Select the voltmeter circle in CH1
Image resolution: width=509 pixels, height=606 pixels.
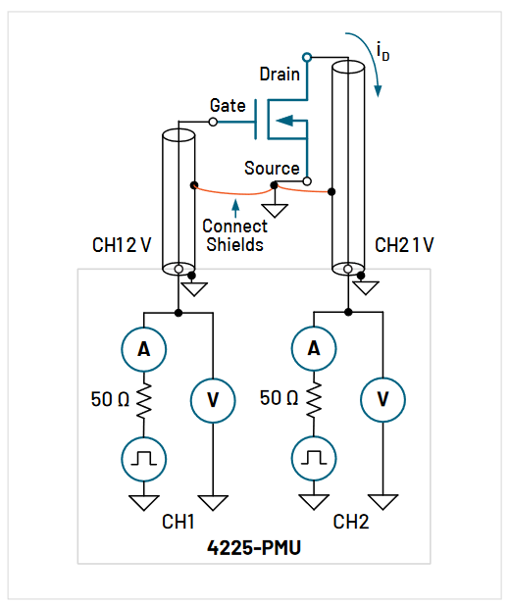[x=213, y=398]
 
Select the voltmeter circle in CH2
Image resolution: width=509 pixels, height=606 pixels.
[x=382, y=398]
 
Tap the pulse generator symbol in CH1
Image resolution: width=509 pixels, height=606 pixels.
[x=144, y=457]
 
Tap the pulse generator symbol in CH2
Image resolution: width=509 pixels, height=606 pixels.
[x=314, y=457]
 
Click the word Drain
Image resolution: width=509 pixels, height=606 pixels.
[x=280, y=74]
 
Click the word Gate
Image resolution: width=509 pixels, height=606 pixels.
[x=228, y=105]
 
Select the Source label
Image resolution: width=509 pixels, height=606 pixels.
[x=272, y=168]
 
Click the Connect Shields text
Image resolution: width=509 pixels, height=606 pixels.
[x=234, y=235]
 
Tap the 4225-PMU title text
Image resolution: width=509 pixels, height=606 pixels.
[x=254, y=547]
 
